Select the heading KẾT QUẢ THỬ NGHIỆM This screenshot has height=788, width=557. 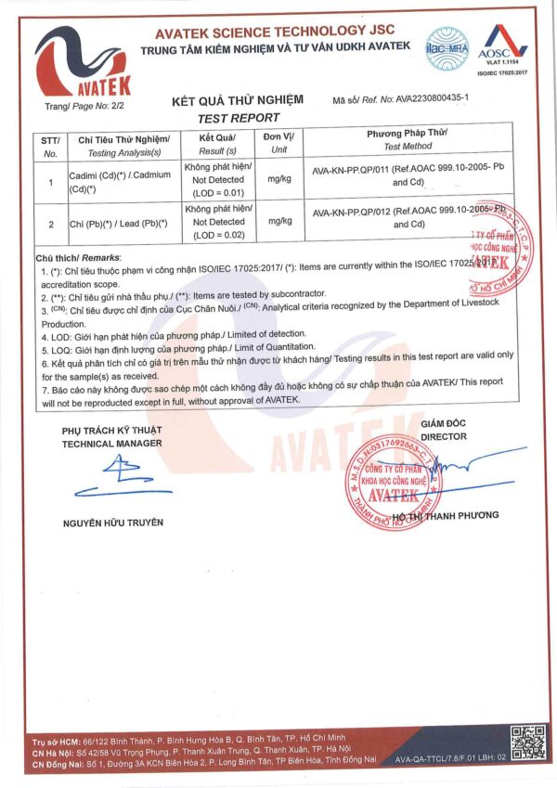click(x=239, y=100)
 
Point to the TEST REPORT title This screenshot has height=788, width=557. click(x=239, y=118)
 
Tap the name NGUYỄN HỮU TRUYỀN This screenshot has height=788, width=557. click(x=112, y=523)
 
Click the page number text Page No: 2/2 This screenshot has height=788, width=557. click(x=77, y=107)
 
